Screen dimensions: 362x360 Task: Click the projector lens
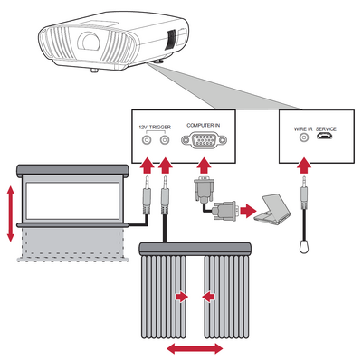tap(89, 41)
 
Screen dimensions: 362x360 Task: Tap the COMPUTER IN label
tap(204, 125)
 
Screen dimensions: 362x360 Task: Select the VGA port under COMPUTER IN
tap(204, 140)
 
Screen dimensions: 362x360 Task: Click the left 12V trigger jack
tap(147, 140)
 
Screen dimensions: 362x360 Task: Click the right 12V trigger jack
tap(165, 140)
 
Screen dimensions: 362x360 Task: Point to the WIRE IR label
tap(303, 129)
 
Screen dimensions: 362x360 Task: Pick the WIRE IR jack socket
tap(304, 137)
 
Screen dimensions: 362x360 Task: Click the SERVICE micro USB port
tap(325, 137)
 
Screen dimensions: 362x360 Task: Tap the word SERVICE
tap(326, 129)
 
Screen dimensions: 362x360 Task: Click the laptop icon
tap(272, 209)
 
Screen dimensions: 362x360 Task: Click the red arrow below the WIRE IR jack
tap(304, 166)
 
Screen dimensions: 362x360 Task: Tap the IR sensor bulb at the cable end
tap(304, 246)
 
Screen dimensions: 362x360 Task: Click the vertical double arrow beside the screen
tap(11, 213)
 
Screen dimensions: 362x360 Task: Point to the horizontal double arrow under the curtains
tap(195, 349)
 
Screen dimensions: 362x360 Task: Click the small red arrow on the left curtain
tap(182, 298)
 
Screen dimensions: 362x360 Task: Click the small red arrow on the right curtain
tap(208, 298)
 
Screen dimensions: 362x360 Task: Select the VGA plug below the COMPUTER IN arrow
tap(204, 191)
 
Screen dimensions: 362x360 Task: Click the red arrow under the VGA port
tap(205, 166)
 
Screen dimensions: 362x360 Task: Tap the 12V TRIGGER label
tap(155, 128)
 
